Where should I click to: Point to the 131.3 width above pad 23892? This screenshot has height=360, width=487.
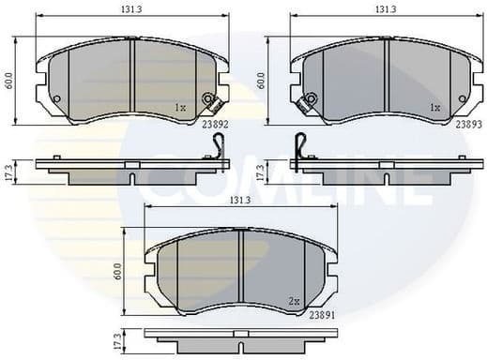tap(131, 8)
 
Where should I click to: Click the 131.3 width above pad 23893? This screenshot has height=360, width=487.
tap(386, 8)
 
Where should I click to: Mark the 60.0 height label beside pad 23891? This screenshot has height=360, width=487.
tap(118, 272)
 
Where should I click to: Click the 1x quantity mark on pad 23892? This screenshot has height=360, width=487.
tap(180, 108)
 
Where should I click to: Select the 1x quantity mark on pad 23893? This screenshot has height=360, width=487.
tap(434, 108)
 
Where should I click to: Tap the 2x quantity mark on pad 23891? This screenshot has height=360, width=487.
tap(293, 301)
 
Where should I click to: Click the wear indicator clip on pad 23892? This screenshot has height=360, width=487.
tap(210, 99)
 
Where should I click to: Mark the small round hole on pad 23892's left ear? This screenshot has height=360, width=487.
tap(55, 99)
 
